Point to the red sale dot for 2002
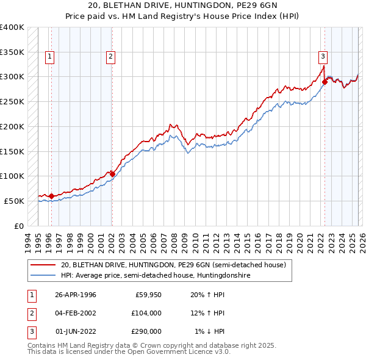[x=112, y=174]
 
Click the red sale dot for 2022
[x=325, y=82]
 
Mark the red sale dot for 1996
[x=51, y=196]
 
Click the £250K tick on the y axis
[x=12, y=101]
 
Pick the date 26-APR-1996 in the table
[x=76, y=295]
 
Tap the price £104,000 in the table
[x=146, y=313]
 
